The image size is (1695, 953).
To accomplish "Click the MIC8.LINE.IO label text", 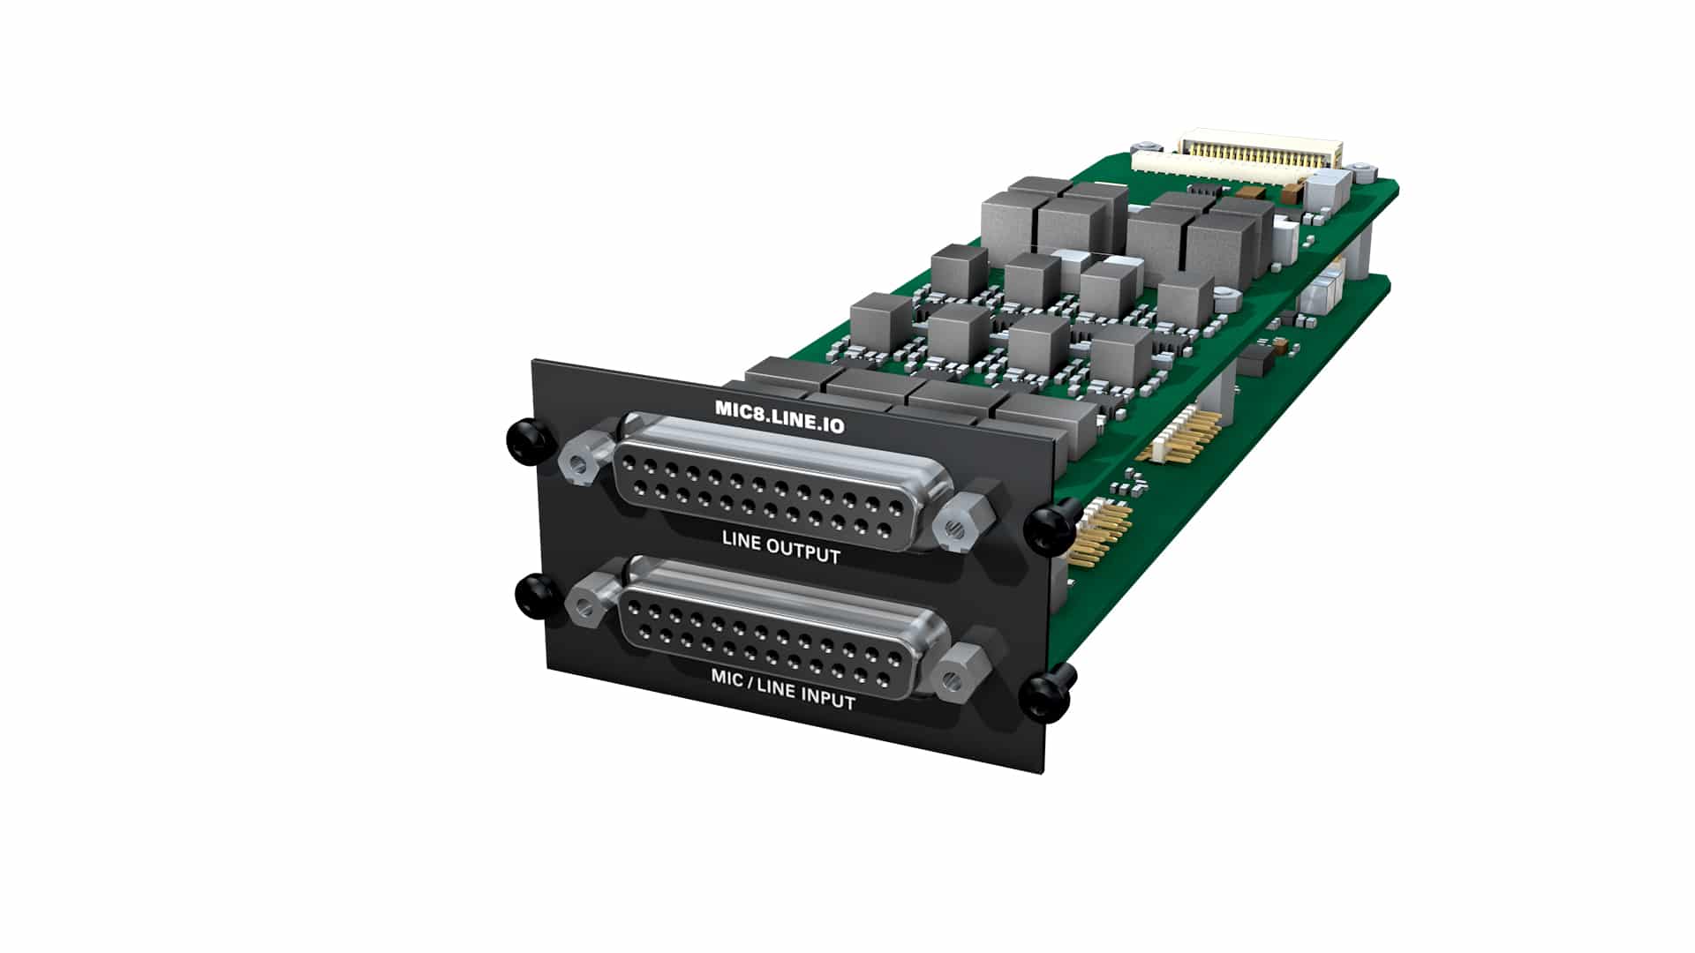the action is pos(779,417).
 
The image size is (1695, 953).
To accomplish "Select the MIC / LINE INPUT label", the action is pos(782,689).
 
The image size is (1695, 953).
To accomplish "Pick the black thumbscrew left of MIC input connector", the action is pos(537,594).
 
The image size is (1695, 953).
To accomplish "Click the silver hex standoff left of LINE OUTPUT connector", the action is pos(583,461).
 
